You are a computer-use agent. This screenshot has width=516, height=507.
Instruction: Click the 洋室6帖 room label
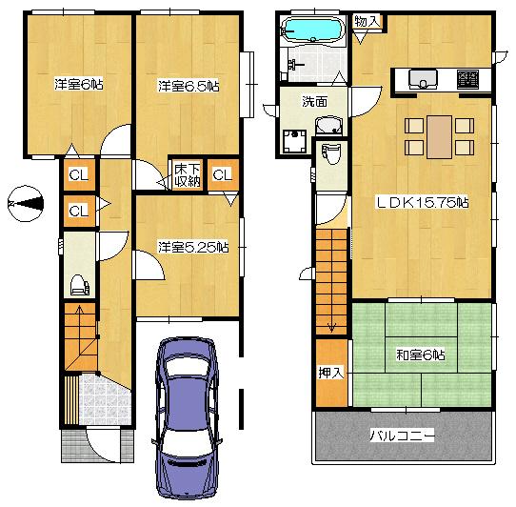tap(79, 85)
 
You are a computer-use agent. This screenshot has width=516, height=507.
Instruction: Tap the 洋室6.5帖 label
tap(189, 86)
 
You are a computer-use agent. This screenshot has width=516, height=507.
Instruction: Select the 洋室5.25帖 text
tap(192, 247)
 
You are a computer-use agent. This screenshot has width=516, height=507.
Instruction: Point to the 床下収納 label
tap(187, 175)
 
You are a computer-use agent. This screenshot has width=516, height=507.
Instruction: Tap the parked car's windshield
tap(185, 381)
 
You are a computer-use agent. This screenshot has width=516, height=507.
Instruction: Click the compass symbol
tap(25, 203)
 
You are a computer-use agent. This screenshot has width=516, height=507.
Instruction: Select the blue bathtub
tap(315, 31)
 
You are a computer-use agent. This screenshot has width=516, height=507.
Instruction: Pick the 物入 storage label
tap(367, 21)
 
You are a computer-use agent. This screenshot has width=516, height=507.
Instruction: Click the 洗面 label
tap(314, 101)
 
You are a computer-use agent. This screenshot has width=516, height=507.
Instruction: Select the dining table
tap(439, 134)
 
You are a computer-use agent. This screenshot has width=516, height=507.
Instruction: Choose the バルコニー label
tap(402, 436)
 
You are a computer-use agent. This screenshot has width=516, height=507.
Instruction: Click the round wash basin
tap(330, 126)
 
